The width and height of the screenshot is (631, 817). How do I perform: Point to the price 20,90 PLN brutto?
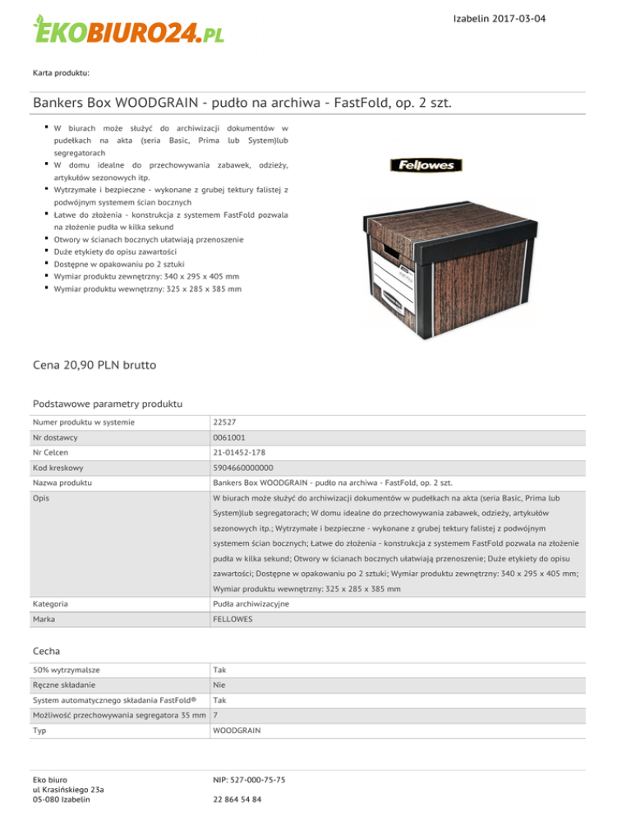point(94,363)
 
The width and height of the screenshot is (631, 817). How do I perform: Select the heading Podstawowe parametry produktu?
point(107,404)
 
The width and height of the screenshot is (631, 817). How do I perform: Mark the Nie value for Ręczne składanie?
point(220,684)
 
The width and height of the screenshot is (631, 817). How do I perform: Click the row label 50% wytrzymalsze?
point(72,669)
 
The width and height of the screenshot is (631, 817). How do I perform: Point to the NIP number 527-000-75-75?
point(249,779)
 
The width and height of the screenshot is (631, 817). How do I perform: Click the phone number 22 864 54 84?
point(237,800)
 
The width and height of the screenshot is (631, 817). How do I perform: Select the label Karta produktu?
point(61,73)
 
